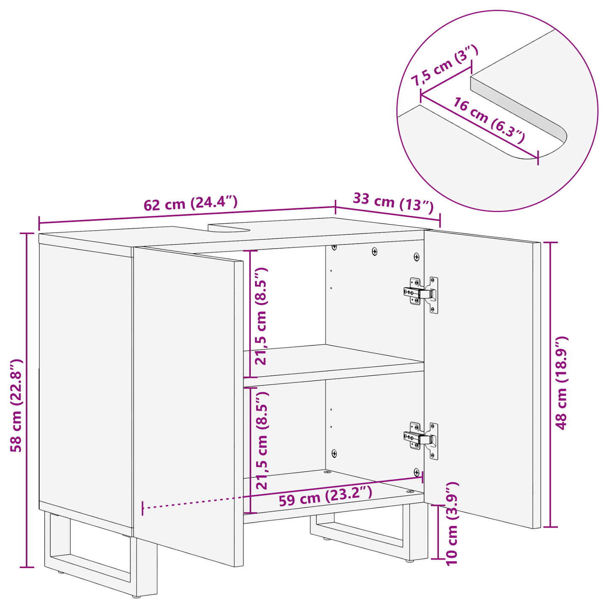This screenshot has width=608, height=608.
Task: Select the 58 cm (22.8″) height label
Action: pos(16,405)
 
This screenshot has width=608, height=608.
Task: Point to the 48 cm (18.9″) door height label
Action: pos(561,382)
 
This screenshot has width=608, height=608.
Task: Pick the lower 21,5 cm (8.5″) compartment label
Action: pos(262,440)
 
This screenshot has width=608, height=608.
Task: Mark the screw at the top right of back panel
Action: pos(416,256)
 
